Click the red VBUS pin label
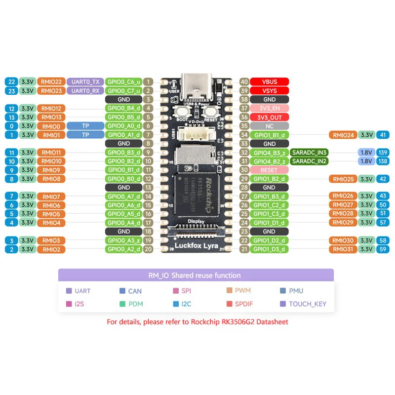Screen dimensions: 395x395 (x=269, y=82)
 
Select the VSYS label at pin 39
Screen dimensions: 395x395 (x=269, y=91)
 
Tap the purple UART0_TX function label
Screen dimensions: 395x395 (x=84, y=82)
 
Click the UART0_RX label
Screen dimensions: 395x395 (x=84, y=91)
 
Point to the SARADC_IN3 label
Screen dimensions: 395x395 (x=310, y=153)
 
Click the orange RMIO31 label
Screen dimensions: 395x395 (x=343, y=249)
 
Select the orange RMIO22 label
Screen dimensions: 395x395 (x=51, y=82)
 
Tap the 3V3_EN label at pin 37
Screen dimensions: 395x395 (x=269, y=108)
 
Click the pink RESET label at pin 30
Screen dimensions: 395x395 (x=269, y=170)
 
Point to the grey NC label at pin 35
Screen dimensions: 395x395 (x=269, y=126)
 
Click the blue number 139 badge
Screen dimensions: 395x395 (x=382, y=153)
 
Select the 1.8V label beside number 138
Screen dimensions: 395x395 (x=366, y=161)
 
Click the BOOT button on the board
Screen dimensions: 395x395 (x=182, y=113)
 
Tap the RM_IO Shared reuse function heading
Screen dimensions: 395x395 (x=196, y=275)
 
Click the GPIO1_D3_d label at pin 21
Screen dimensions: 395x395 (x=269, y=249)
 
